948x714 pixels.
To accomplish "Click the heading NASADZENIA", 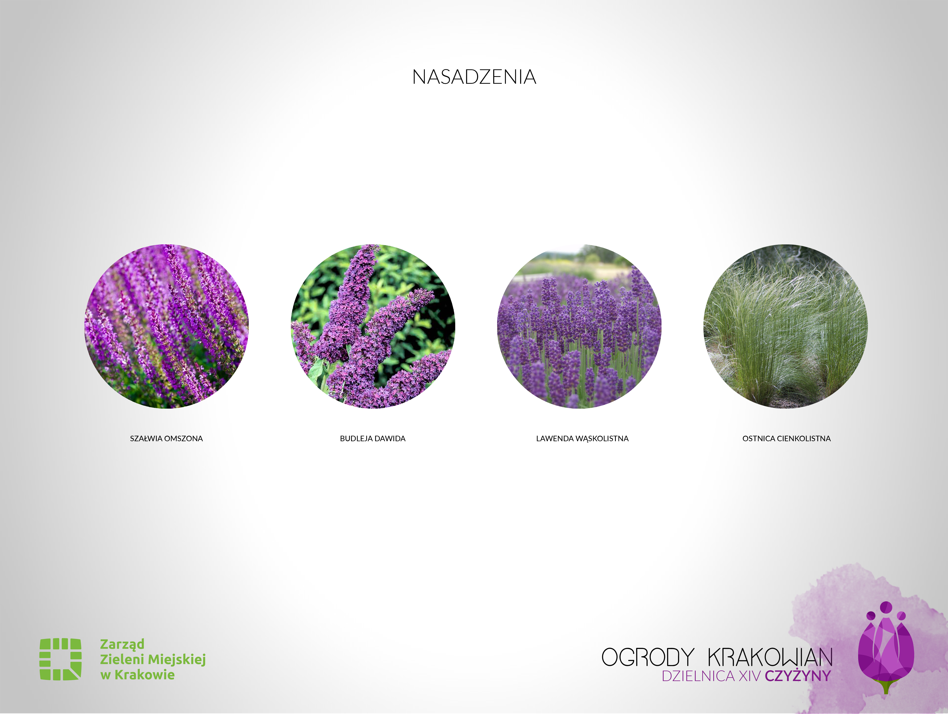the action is coord(474,77).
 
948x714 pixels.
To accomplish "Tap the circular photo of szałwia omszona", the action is coord(166,326).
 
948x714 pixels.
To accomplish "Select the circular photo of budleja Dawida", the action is coord(373,326).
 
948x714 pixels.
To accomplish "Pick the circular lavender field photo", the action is coord(579,326).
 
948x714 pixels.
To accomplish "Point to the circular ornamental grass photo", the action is coord(786,326).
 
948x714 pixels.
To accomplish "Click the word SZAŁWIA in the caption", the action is coord(146,439).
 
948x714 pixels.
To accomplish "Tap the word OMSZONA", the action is coord(184,439).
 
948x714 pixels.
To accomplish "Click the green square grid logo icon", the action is coord(60,659).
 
